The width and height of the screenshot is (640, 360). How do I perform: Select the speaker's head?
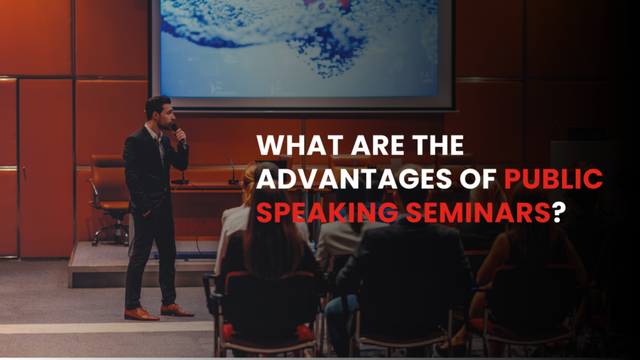[158, 111]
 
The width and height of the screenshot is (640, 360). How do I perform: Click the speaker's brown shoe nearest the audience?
[176, 309]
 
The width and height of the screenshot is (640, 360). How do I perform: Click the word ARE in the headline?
[368, 146]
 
